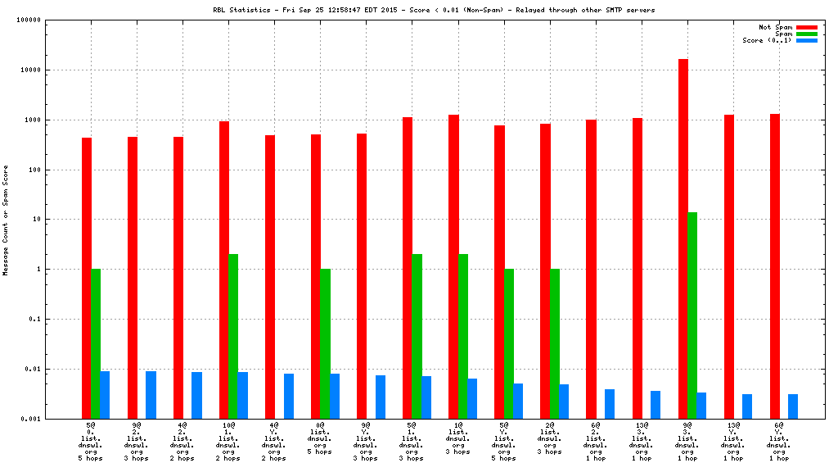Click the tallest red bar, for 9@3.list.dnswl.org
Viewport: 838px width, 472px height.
pyautogui.click(x=683, y=238)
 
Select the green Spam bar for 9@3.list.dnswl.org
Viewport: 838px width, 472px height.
pyautogui.click(x=692, y=315)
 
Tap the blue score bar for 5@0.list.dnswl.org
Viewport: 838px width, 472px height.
pyautogui.click(x=105, y=395)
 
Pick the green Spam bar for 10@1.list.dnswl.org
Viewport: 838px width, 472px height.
pyautogui.click(x=233, y=336)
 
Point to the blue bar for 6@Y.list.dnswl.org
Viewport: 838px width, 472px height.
pyautogui.click(x=793, y=406)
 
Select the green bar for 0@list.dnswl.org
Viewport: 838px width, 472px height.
pyautogui.click(x=325, y=343)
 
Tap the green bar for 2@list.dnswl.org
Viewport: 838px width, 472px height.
pyautogui.click(x=555, y=343)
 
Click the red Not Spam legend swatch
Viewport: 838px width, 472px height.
pyautogui.click(x=807, y=27)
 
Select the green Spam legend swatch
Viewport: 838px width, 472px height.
pyautogui.click(x=807, y=34)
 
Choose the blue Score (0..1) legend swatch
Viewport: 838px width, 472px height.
pyautogui.click(x=807, y=40)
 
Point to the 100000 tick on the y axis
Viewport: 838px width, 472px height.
pyautogui.click(x=52, y=20)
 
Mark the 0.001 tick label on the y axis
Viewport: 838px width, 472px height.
pyautogui.click(x=54, y=419)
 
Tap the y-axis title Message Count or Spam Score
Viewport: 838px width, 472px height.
pyautogui.click(x=6, y=220)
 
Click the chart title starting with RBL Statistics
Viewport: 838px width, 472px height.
pyautogui.click(x=434, y=10)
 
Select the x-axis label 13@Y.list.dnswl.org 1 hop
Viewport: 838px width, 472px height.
pyautogui.click(x=733, y=442)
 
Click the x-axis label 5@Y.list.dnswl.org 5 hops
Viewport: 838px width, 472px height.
pyautogui.click(x=504, y=442)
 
